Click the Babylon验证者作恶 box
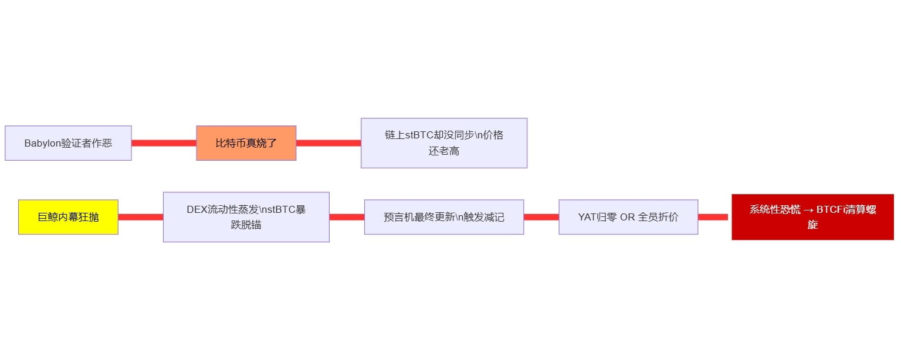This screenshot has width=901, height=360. pyautogui.click(x=68, y=143)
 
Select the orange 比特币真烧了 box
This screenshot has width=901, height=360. pyautogui.click(x=246, y=143)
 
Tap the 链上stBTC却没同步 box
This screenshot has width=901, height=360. pyautogui.click(x=443, y=143)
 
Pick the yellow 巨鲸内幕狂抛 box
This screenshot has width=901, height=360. pyautogui.click(x=68, y=217)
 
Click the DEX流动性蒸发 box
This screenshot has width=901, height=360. pyautogui.click(x=246, y=217)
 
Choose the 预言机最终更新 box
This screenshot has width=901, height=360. pyautogui.click(x=443, y=217)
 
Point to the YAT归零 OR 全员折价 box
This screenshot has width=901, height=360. pyautogui.click(x=628, y=217)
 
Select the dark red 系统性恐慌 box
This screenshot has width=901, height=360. pyautogui.click(x=812, y=217)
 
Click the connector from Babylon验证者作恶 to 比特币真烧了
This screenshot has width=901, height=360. pyautogui.click(x=164, y=143)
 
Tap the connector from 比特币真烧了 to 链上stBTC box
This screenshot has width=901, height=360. pyautogui.click(x=328, y=143)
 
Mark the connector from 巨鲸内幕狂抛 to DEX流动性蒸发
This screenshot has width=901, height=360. pyautogui.click(x=141, y=217)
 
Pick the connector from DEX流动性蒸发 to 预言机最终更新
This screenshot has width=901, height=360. pyautogui.click(x=347, y=217)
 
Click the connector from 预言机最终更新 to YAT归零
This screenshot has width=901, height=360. pyautogui.click(x=541, y=217)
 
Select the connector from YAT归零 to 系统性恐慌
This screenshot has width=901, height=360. pyautogui.click(x=713, y=217)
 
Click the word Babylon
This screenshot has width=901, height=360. pyautogui.click(x=42, y=143)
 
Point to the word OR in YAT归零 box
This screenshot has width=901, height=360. pyautogui.click(x=628, y=217)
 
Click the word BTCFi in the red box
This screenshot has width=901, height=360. pyautogui.click(x=832, y=210)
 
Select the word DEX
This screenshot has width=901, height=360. pyautogui.click(x=197, y=210)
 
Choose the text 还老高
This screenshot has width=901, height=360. pyautogui.click(x=443, y=151)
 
